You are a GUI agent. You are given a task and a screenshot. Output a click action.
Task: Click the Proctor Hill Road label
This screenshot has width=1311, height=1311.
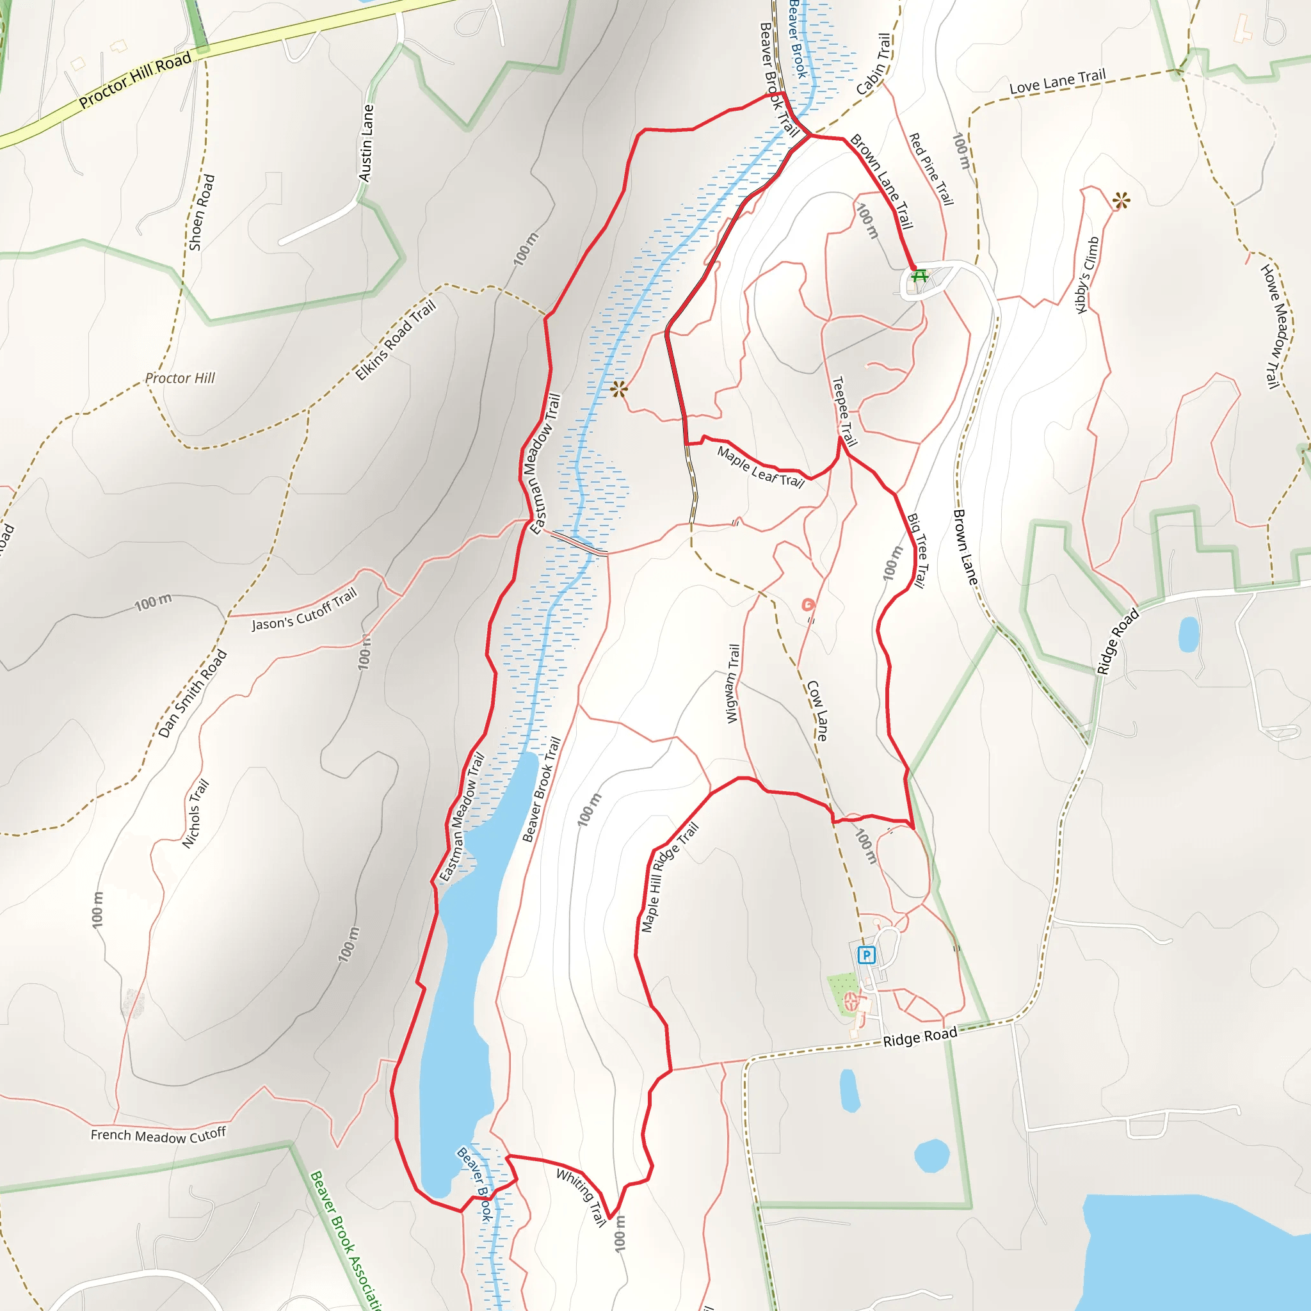point(136,81)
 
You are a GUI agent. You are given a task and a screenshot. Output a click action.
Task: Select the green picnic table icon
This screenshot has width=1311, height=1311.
point(919,275)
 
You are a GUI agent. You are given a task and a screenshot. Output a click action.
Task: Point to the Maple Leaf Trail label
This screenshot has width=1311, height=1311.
point(760,467)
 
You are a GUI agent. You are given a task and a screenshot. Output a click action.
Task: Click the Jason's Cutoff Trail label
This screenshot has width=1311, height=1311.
point(304,609)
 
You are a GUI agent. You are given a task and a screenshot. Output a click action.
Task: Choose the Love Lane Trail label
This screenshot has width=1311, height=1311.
point(1058,82)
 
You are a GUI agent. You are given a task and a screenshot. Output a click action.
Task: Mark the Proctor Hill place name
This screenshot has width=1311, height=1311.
point(180,378)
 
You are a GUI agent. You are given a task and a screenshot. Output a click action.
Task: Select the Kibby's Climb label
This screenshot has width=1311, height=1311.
point(1087,275)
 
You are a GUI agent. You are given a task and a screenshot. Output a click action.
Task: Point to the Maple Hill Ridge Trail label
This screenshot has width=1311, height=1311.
point(669,878)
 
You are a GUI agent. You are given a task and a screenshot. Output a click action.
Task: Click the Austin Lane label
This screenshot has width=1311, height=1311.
point(366,143)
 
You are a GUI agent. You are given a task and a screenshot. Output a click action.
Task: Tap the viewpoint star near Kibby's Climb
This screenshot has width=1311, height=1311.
point(1121,200)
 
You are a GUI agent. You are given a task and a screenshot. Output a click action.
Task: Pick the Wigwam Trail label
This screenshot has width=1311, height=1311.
point(732,683)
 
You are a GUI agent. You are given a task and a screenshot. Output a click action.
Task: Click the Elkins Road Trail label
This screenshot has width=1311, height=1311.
point(395,340)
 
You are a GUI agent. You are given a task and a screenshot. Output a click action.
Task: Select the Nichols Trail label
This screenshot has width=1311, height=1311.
point(195,814)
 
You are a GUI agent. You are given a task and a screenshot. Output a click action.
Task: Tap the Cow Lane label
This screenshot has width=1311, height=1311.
point(817,711)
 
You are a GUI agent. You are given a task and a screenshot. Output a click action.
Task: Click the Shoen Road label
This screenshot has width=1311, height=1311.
point(201,213)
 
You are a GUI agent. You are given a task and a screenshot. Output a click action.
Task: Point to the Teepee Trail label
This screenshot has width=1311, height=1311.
point(844,411)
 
